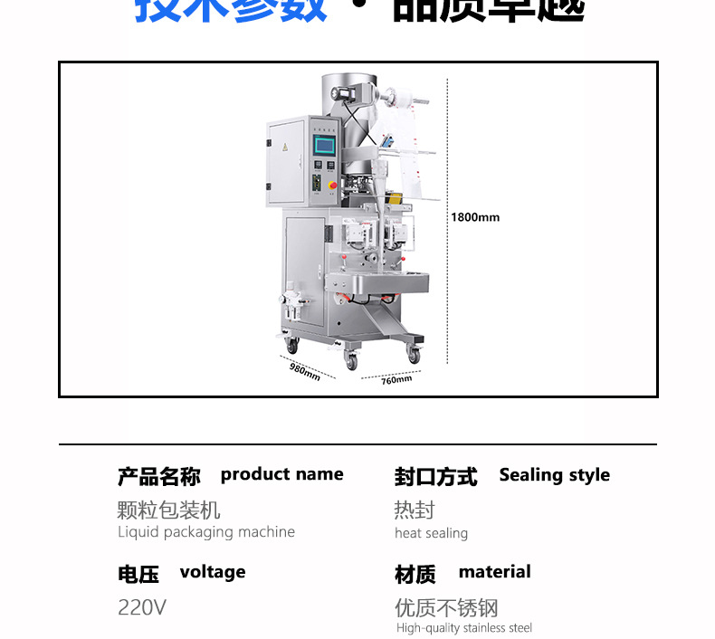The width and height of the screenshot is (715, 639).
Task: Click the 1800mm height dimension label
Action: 475,217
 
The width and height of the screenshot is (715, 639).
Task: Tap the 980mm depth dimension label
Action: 305,371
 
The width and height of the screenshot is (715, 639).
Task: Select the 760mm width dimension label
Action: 396,380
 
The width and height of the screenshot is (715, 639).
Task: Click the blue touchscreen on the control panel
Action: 323,145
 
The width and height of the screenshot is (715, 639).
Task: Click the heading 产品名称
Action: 158,476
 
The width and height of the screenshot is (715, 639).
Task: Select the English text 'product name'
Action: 281,474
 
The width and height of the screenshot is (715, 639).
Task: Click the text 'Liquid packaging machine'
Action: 206,532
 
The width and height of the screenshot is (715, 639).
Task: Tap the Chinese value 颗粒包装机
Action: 168,510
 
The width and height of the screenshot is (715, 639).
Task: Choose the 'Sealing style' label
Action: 554,475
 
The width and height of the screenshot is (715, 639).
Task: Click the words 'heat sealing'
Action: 431,533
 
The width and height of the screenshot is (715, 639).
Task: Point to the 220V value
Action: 142,607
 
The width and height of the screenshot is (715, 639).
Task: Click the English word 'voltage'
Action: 213,572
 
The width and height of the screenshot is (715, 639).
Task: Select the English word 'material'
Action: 494,572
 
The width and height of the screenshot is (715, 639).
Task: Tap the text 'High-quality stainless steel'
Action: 464,628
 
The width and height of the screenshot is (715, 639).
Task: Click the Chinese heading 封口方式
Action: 435,477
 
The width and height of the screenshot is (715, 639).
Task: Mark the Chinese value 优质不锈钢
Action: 446,607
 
